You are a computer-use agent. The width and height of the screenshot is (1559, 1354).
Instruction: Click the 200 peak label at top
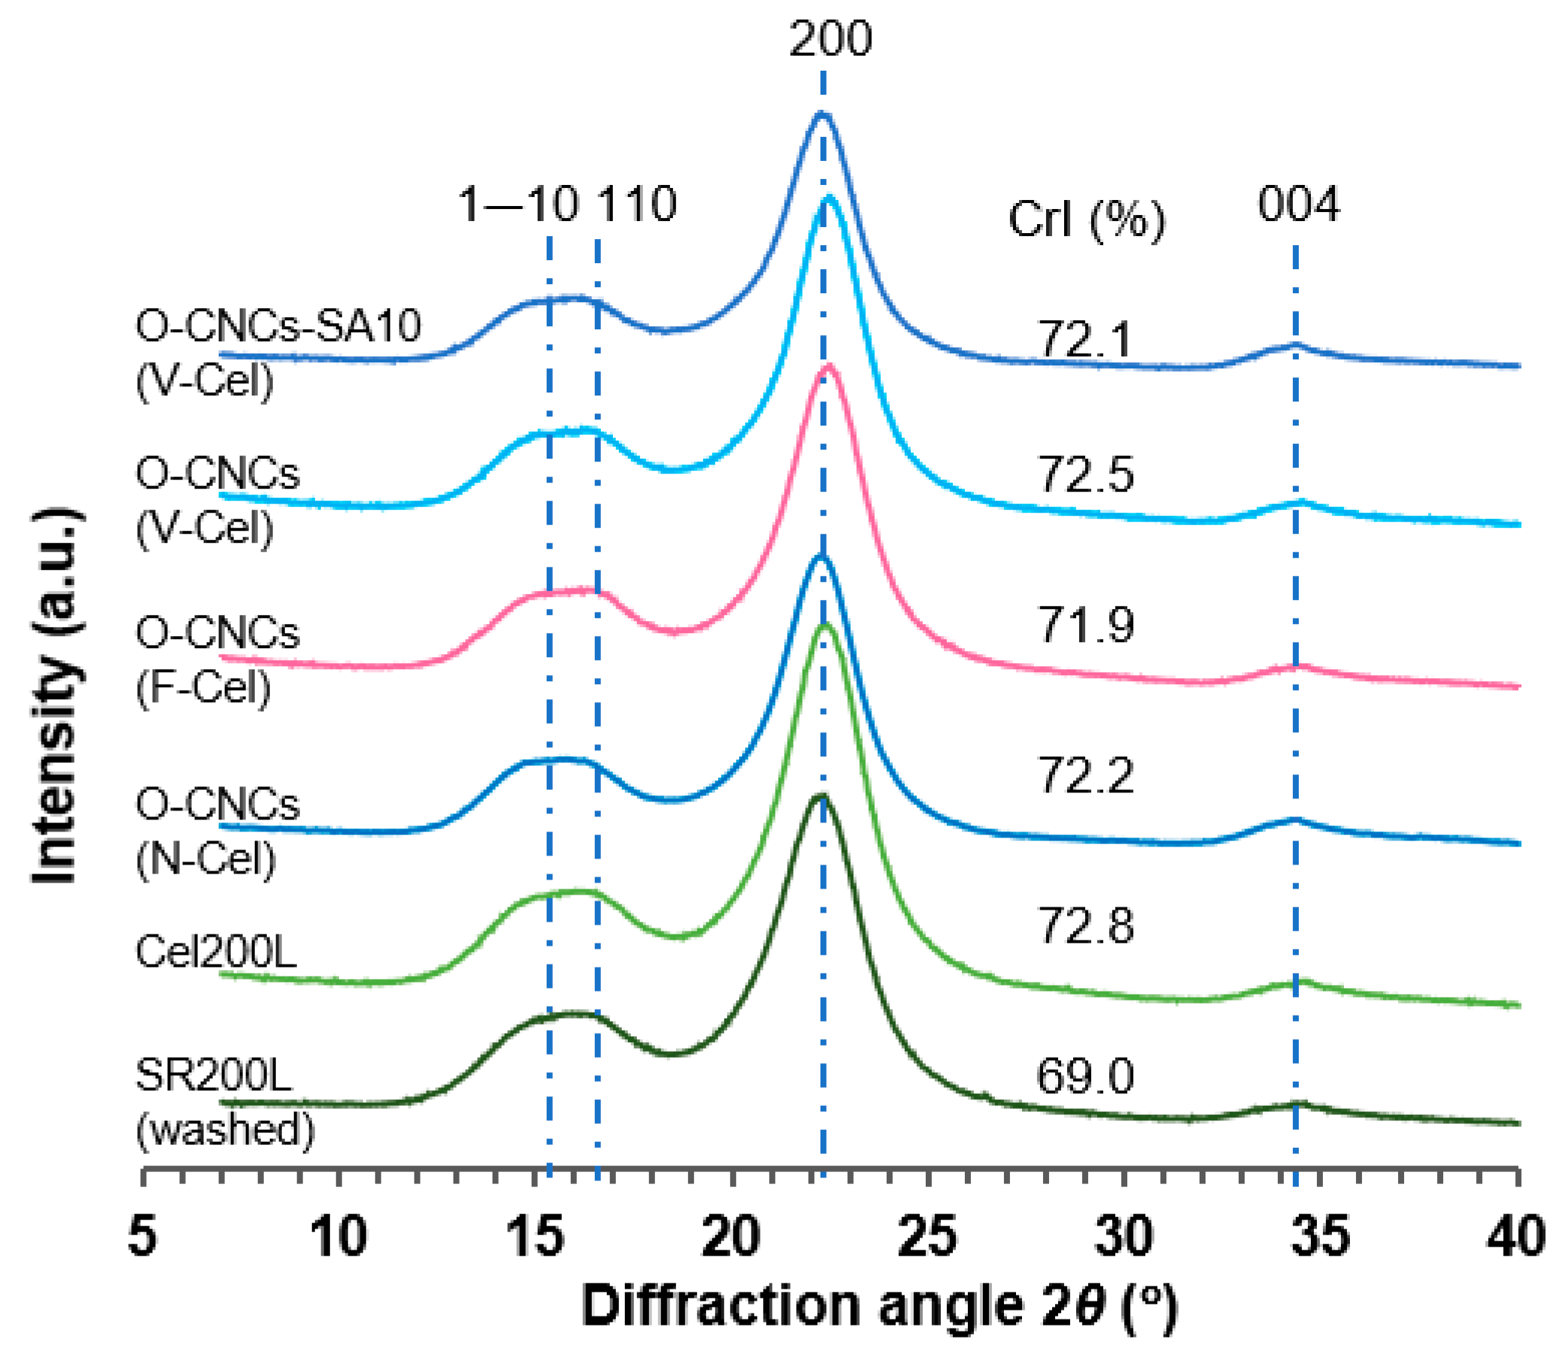(830, 39)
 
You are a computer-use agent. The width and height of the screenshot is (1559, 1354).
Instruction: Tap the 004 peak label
(1297, 204)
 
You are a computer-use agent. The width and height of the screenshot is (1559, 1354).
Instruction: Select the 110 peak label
(637, 204)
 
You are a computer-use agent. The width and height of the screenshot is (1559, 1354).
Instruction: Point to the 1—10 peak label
(518, 204)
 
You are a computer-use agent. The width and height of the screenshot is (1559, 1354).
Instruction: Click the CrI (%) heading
(1086, 220)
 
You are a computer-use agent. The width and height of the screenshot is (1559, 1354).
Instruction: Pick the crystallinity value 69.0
(1084, 1077)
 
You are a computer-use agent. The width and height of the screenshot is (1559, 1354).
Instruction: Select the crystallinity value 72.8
(1086, 926)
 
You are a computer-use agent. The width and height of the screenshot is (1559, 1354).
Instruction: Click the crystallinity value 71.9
(1086, 626)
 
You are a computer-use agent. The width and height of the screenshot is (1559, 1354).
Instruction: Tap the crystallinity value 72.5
(1086, 475)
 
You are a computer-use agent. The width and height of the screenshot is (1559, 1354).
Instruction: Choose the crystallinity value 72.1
(1086, 340)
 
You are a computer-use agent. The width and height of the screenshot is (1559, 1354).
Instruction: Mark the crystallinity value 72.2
(1086, 776)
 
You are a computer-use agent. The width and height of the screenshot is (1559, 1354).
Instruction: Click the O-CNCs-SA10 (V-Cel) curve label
(278, 353)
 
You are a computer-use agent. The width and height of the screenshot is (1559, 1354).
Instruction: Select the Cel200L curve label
(215, 952)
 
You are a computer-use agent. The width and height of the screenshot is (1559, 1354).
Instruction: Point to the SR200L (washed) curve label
(224, 1102)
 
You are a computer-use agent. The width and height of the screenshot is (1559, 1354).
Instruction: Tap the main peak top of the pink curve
(829, 368)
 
